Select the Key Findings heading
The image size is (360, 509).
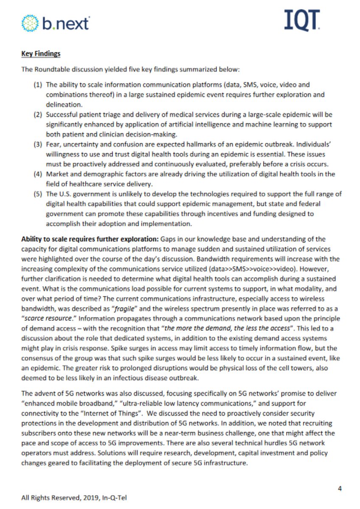click(41, 54)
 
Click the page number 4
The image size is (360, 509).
click(340, 488)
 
